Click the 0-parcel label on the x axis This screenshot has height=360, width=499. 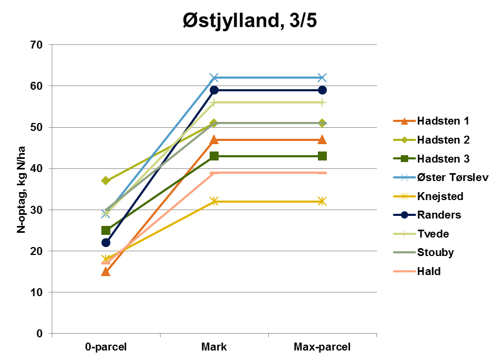click(x=106, y=347)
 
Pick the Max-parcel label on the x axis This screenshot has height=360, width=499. click(x=322, y=347)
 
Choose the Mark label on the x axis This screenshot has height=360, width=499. click(x=214, y=347)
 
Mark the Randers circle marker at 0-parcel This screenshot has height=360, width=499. click(x=106, y=242)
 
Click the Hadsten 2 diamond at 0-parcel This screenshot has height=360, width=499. click(x=106, y=181)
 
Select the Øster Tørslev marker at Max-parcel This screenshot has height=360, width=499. click(x=322, y=78)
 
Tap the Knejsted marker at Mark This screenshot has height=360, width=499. click(x=214, y=201)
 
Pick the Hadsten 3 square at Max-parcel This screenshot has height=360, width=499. click(x=322, y=156)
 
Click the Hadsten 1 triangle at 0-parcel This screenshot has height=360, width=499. click(x=106, y=271)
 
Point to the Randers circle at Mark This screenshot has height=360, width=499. click(x=214, y=90)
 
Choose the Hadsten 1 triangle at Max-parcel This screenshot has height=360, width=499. click(x=322, y=139)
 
